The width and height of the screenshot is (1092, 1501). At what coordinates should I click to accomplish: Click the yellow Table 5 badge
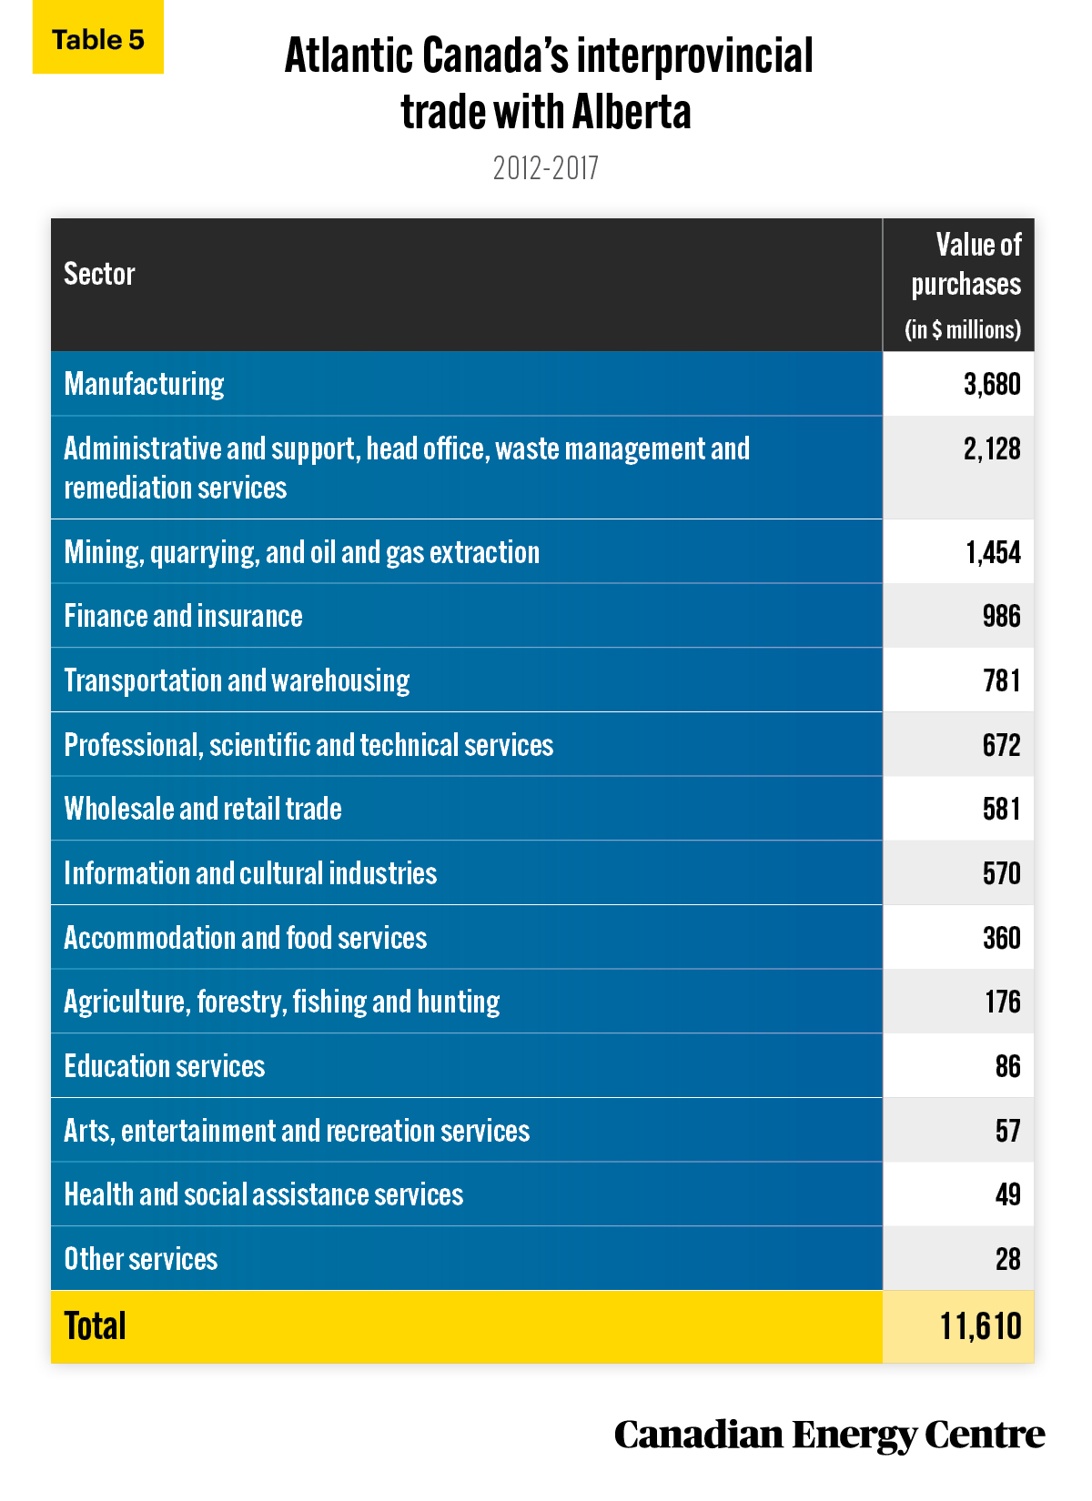[98, 37]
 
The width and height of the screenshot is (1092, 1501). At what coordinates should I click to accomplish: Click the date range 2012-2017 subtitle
[546, 168]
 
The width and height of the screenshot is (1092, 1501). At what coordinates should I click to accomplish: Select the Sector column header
[99, 274]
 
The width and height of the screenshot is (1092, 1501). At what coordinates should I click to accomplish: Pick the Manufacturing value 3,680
[992, 385]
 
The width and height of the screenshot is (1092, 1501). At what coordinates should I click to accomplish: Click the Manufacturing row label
[144, 385]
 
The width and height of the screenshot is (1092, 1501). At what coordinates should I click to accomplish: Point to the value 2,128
[992, 449]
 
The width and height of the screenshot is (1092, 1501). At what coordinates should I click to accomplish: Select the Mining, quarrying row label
[301, 553]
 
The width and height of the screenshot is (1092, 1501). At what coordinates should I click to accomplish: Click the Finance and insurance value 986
[1002, 617]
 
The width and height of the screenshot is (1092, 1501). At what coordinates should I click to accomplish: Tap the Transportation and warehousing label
[237, 680]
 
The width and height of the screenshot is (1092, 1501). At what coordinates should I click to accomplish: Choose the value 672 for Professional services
[1002, 745]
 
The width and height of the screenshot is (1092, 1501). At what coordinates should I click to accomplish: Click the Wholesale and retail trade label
[202, 809]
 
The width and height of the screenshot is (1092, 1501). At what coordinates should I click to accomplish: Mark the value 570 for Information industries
[1002, 874]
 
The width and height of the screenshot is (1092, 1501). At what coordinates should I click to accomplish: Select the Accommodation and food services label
[246, 938]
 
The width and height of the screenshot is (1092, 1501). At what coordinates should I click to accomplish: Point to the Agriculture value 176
[1003, 1002]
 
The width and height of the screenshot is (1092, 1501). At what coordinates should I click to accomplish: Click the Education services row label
[164, 1066]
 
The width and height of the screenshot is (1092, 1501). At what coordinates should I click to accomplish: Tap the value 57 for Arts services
[1008, 1131]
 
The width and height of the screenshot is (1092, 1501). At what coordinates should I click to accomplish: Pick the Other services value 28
[1008, 1259]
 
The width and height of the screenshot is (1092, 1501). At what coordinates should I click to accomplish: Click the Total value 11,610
[981, 1326]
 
